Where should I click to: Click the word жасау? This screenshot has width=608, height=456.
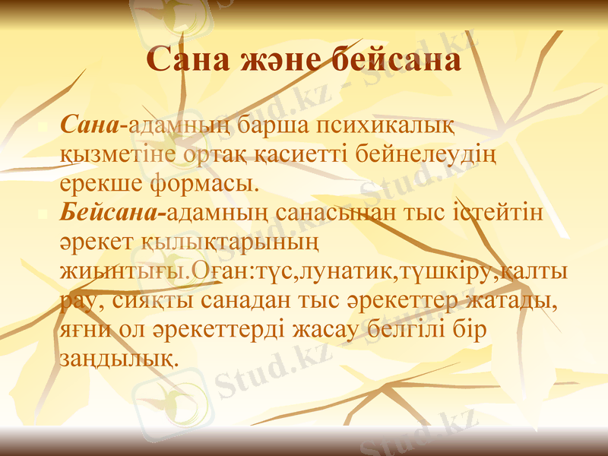pos(341,329)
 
